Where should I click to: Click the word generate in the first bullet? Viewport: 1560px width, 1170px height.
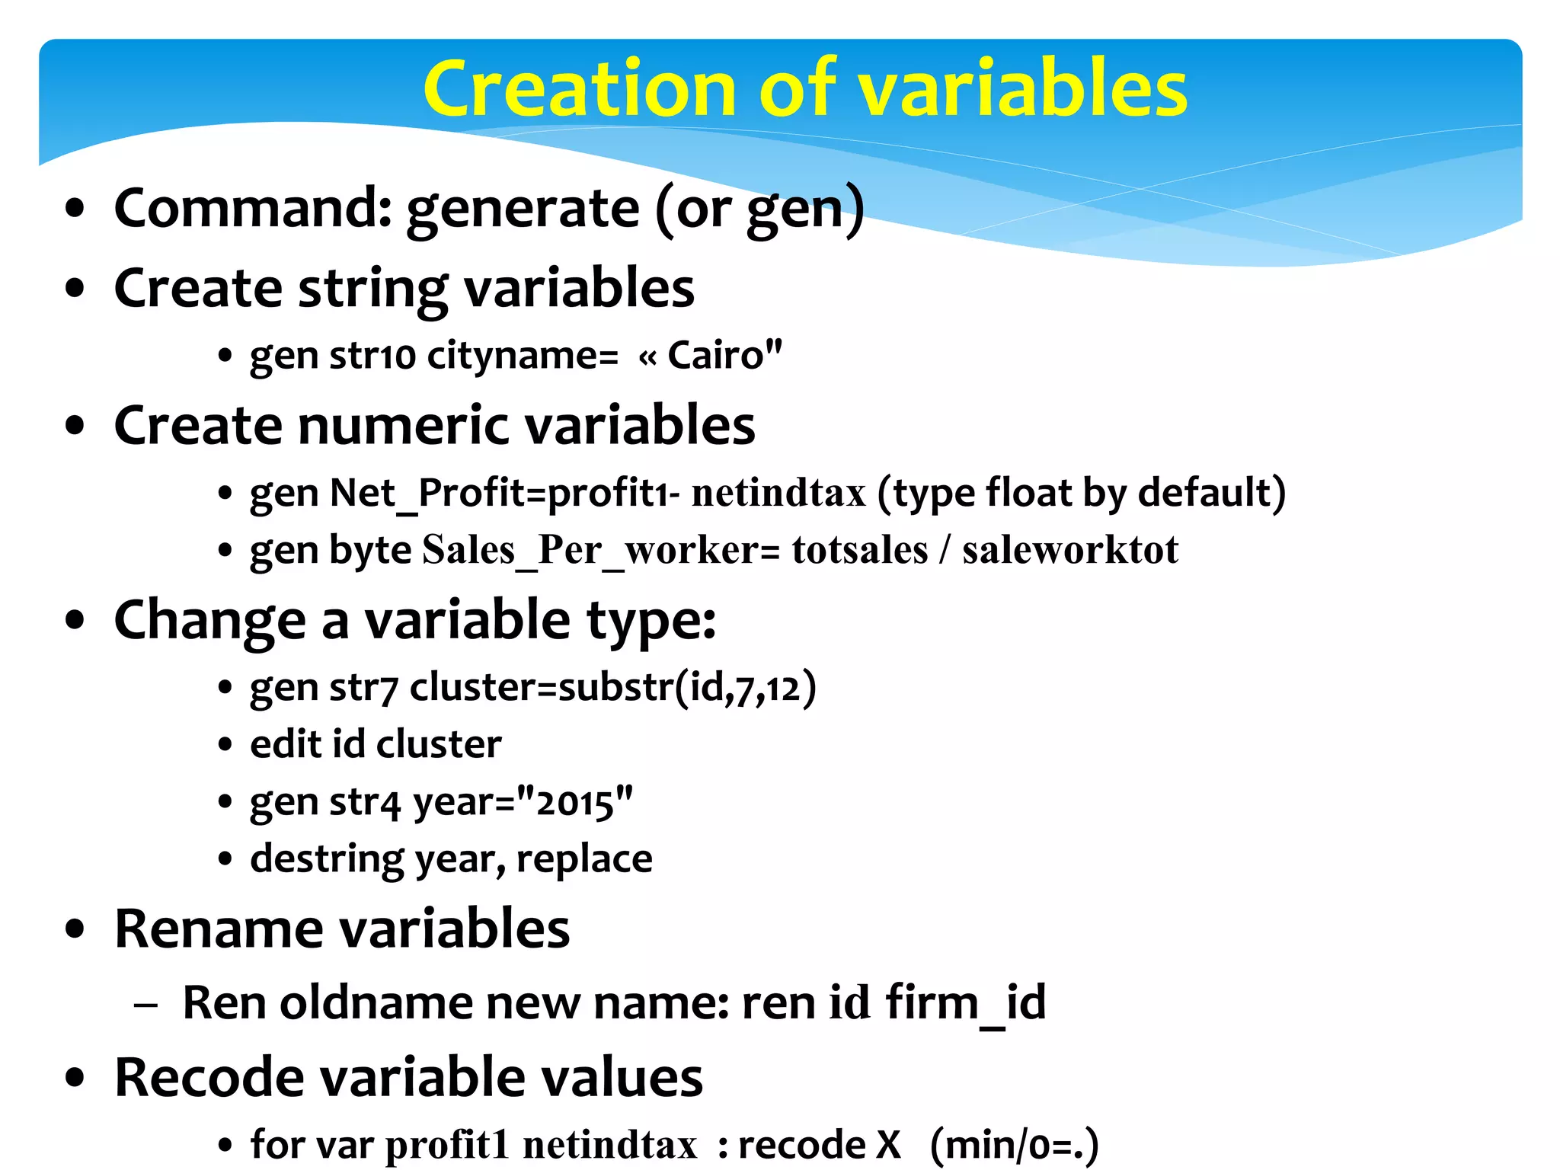pos(523,209)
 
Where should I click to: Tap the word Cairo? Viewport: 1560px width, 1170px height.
pos(715,355)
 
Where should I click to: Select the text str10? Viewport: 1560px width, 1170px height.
pos(372,356)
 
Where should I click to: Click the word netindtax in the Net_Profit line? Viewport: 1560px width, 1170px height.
pos(778,493)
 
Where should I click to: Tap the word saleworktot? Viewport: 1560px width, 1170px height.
pos(1070,551)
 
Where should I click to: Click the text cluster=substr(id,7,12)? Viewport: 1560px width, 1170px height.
pos(613,688)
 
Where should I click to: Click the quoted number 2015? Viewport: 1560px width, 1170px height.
pos(575,802)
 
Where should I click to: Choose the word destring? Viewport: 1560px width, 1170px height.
pos(328,860)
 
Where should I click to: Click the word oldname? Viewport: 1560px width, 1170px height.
pos(376,1002)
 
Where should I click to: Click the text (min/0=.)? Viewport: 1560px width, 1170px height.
pos(1015,1145)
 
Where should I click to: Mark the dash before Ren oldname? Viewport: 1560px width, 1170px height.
pos(145,1005)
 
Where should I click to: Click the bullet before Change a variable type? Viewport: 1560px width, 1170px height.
pos(75,620)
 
